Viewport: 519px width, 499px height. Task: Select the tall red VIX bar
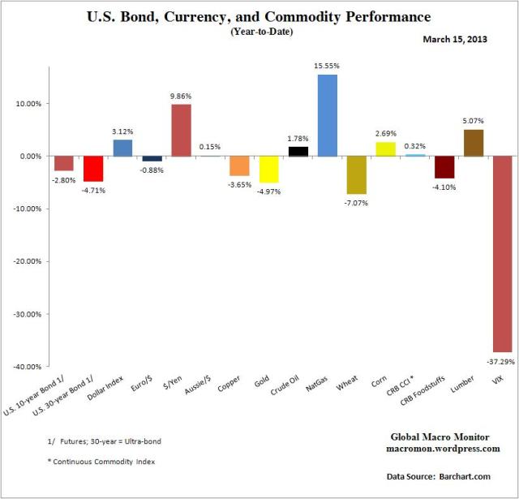coord(502,253)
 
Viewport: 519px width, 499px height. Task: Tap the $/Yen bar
coord(182,130)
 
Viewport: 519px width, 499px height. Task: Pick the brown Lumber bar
coord(473,143)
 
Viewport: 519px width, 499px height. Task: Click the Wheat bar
coord(356,174)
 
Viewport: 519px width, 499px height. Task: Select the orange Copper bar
coord(239,166)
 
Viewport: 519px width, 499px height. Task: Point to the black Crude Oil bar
coord(298,151)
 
